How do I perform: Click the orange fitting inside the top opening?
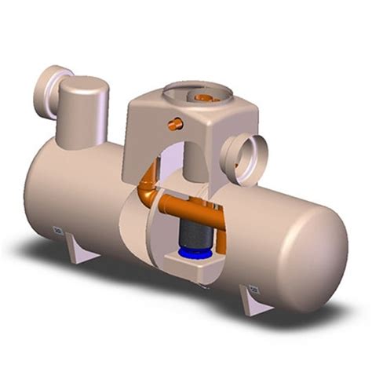tap(205, 98)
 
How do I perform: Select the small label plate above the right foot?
tap(253, 287)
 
